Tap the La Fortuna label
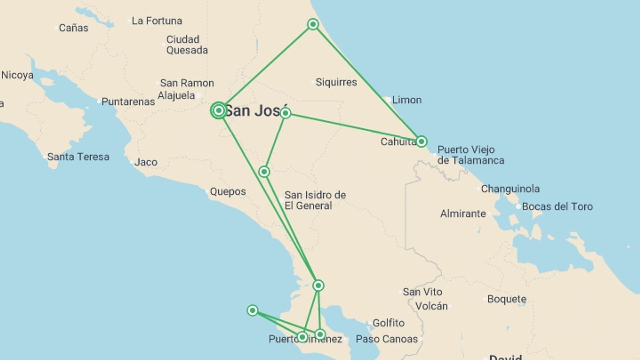click(x=157, y=21)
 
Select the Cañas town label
click(x=73, y=28)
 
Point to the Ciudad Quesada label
click(x=187, y=45)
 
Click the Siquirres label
click(x=336, y=82)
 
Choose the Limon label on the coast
click(x=407, y=100)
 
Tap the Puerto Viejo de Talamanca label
click(x=470, y=155)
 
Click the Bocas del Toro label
click(x=557, y=207)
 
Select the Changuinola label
click(x=510, y=189)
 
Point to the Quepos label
click(x=228, y=192)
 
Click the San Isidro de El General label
click(x=315, y=200)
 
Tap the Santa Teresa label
click(x=78, y=157)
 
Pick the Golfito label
click(x=388, y=323)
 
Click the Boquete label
click(x=507, y=299)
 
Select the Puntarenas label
click(x=128, y=102)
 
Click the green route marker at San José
click(x=219, y=110)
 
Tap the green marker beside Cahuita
click(x=421, y=141)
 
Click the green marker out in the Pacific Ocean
click(x=252, y=310)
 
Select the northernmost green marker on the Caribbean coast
click(x=313, y=24)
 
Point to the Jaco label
click(x=146, y=162)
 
